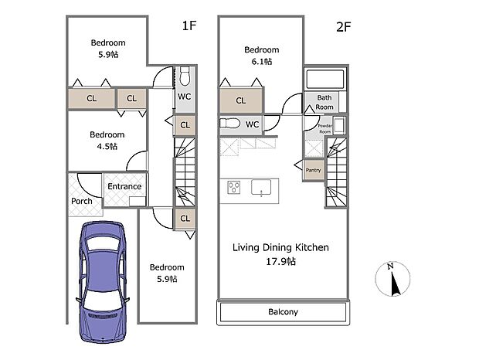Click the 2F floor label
tap(344, 26)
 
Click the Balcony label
tap(283, 312)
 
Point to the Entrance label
tap(124, 186)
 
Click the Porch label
tap(82, 201)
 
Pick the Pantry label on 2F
tap(314, 170)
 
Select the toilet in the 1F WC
tap(185, 76)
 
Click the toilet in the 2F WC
tap(231, 124)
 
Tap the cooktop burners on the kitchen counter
tap(234, 187)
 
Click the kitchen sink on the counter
tap(261, 186)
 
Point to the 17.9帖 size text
tap(281, 261)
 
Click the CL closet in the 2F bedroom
tap(241, 100)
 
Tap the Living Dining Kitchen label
tap(281, 248)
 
